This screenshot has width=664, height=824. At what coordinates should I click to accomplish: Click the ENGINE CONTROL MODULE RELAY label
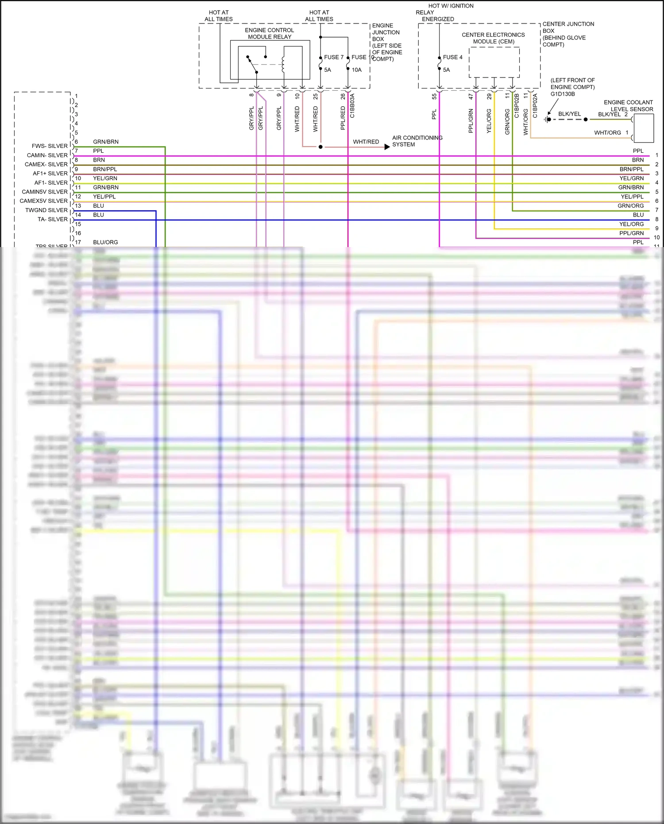[269, 34]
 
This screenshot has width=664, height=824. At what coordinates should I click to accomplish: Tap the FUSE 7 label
[333, 57]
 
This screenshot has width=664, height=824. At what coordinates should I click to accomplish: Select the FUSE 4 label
[452, 57]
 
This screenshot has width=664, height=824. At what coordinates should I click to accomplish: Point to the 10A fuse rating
[356, 70]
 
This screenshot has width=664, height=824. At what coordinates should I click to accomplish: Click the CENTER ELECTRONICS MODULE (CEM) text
[493, 38]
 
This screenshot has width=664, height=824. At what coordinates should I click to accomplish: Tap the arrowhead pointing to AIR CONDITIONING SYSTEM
[387, 147]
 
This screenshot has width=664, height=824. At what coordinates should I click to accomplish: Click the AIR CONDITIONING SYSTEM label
[417, 141]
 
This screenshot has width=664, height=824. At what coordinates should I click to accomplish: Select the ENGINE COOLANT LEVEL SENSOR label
[628, 105]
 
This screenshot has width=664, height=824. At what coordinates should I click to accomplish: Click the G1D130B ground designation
[563, 94]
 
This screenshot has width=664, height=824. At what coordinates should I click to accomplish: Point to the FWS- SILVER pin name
[50, 146]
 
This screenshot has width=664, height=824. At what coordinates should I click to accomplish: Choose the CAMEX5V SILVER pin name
[43, 201]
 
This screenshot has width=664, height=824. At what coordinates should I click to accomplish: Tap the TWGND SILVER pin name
[46, 210]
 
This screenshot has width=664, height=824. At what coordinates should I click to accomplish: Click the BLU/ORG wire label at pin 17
[105, 242]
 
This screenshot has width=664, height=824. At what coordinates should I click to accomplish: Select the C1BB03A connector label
[352, 105]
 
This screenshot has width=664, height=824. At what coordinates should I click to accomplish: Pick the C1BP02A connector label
[535, 105]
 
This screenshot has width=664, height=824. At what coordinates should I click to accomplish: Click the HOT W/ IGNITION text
[451, 6]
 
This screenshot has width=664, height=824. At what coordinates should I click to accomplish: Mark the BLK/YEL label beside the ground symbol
[569, 114]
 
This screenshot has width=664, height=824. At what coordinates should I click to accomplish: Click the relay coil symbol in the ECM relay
[283, 64]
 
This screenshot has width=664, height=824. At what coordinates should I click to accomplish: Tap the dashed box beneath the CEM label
[494, 62]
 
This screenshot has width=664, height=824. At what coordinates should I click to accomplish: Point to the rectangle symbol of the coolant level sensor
[644, 128]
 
